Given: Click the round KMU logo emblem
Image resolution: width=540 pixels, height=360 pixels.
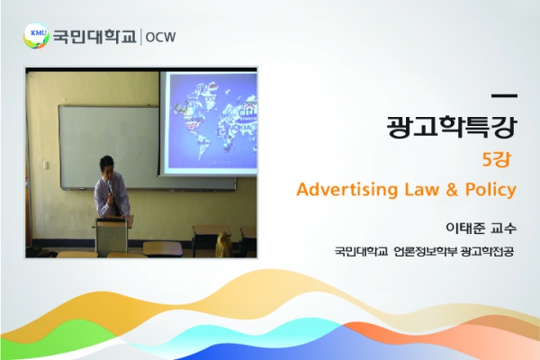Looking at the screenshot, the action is coord(36,36).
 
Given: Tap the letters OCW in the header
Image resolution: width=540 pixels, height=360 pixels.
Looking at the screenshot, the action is coord(160,37).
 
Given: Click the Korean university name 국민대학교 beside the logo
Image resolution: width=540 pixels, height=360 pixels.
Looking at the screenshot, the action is coord(94,37).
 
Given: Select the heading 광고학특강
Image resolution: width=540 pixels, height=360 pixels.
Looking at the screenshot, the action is coord(452,126).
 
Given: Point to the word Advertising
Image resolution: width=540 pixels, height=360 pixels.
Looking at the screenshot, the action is coord(347,189).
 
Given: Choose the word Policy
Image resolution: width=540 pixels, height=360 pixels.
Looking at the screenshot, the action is coord(490,190).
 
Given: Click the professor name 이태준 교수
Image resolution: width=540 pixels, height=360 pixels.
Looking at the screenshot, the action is coord(481,228).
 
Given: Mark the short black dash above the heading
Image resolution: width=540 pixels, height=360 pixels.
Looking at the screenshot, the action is coord(504,96).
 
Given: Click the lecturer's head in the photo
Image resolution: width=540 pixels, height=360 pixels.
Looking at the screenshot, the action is coord(107,166).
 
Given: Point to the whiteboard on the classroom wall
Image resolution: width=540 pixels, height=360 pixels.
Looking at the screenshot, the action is coord(110,148).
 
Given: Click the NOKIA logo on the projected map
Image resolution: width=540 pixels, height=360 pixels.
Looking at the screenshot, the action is coord(244,127).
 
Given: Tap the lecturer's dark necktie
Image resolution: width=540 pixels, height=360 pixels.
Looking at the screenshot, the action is coord(117,205).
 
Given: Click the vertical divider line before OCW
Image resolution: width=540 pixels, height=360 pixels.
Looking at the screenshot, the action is coord(141,37).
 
